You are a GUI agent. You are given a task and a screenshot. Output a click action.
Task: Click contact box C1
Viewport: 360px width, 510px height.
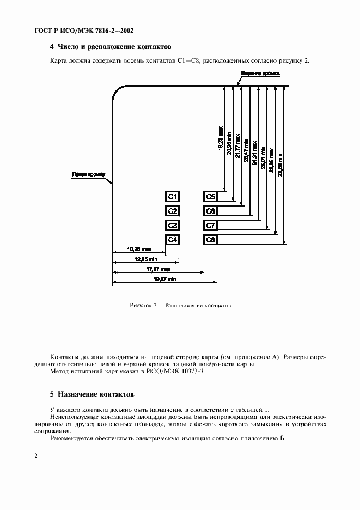point(172,197)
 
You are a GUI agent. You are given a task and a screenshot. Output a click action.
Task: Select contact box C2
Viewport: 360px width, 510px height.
point(172,211)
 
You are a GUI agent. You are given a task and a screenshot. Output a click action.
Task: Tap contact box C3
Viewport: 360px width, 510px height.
point(172,225)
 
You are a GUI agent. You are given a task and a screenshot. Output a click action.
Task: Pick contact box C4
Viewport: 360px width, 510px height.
point(172,240)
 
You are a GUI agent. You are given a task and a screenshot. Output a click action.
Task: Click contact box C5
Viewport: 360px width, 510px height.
point(210,197)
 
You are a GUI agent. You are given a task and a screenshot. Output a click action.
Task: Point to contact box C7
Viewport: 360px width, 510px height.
point(210,225)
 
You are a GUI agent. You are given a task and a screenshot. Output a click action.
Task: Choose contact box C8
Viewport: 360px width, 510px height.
point(210,240)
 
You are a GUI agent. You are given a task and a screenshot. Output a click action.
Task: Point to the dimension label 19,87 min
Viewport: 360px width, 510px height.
point(164,279)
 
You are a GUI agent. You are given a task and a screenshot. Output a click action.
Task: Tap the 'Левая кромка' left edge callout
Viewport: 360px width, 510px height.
point(84,175)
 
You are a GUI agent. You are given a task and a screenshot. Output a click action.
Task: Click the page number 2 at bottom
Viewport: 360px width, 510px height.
point(35,456)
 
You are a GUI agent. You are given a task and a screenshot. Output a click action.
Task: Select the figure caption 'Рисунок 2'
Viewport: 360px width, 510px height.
point(180,306)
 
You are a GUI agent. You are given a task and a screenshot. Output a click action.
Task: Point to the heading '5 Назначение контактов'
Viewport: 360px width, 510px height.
point(91,393)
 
